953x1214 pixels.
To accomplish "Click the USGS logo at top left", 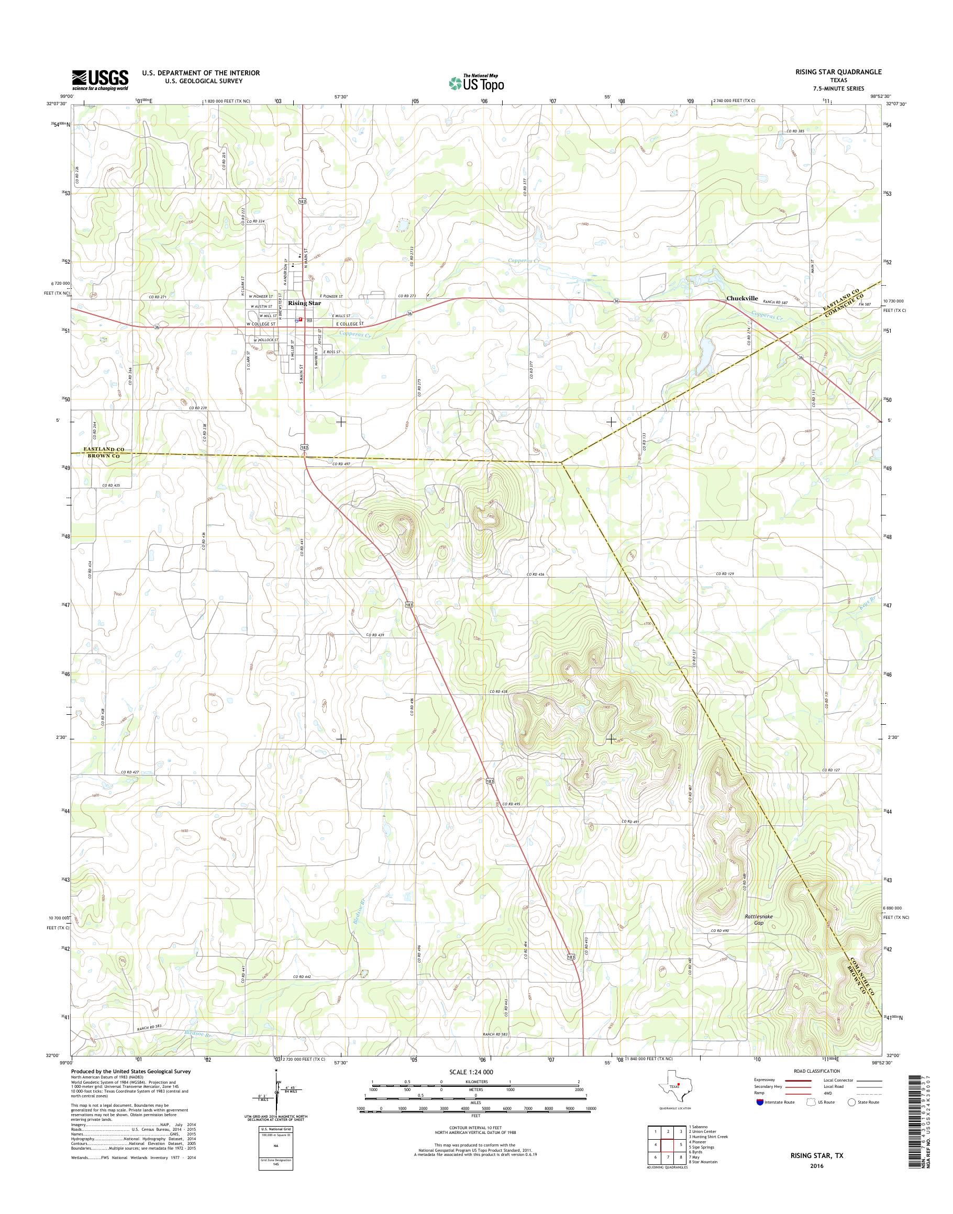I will pyautogui.click(x=100, y=80).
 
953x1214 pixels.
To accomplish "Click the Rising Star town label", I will pyautogui.click(x=305, y=303).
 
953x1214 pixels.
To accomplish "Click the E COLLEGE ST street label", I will pyautogui.click(x=349, y=324).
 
